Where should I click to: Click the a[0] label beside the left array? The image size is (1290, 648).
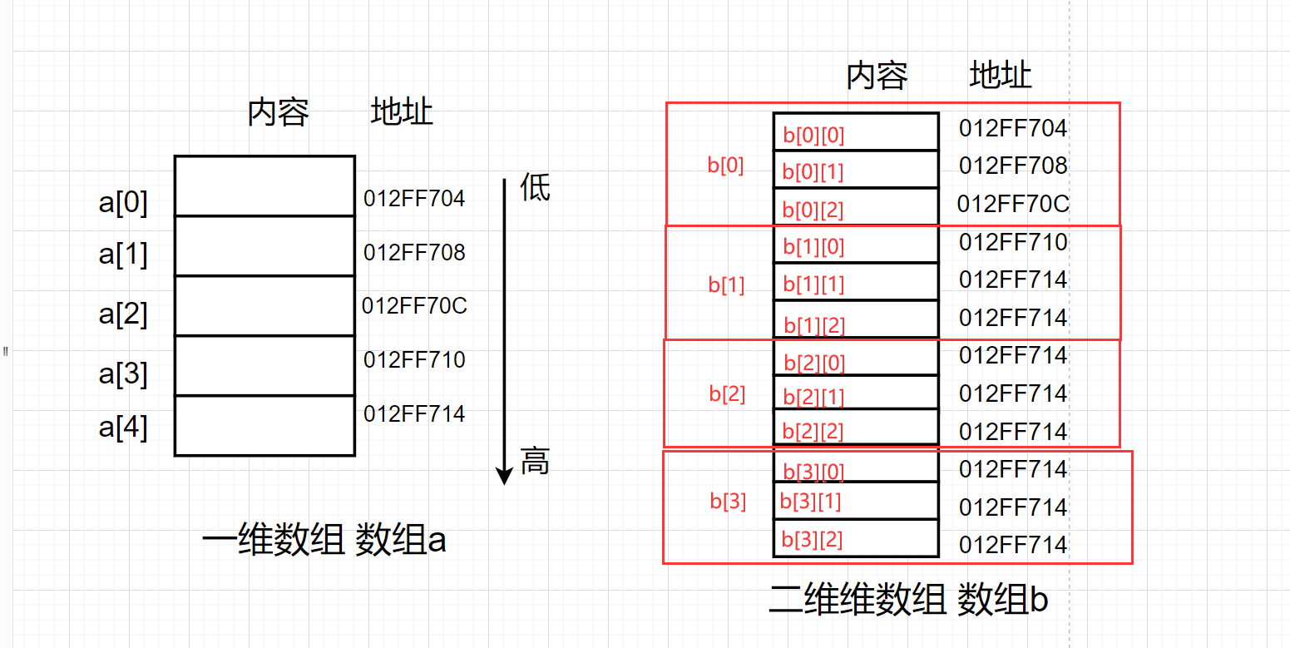tap(123, 202)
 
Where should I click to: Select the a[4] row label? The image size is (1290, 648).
tap(123, 428)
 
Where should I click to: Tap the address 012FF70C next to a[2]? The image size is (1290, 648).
tap(414, 306)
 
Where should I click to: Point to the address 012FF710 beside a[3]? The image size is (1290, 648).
tap(414, 360)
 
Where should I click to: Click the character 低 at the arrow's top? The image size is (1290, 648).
tap(535, 187)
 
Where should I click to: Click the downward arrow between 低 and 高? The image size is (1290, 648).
tap(503, 333)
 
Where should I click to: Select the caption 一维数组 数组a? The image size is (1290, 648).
tap(324, 542)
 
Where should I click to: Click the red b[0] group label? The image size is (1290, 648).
tap(725, 165)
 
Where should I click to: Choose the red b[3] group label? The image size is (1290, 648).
tap(728, 502)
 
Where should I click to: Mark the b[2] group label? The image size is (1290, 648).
tap(727, 393)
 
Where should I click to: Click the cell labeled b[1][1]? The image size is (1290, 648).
tap(855, 284)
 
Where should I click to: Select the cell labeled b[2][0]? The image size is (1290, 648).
tap(855, 362)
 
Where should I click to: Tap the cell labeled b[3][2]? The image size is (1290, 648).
tap(855, 539)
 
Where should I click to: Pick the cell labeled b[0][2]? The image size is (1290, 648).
tap(855, 209)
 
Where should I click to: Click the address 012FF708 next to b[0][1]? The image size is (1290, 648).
tap(1012, 166)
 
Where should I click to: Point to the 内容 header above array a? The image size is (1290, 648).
tap(278, 112)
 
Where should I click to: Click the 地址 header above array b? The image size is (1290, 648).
tap(1001, 76)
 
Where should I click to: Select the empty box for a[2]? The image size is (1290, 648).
tap(264, 305)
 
